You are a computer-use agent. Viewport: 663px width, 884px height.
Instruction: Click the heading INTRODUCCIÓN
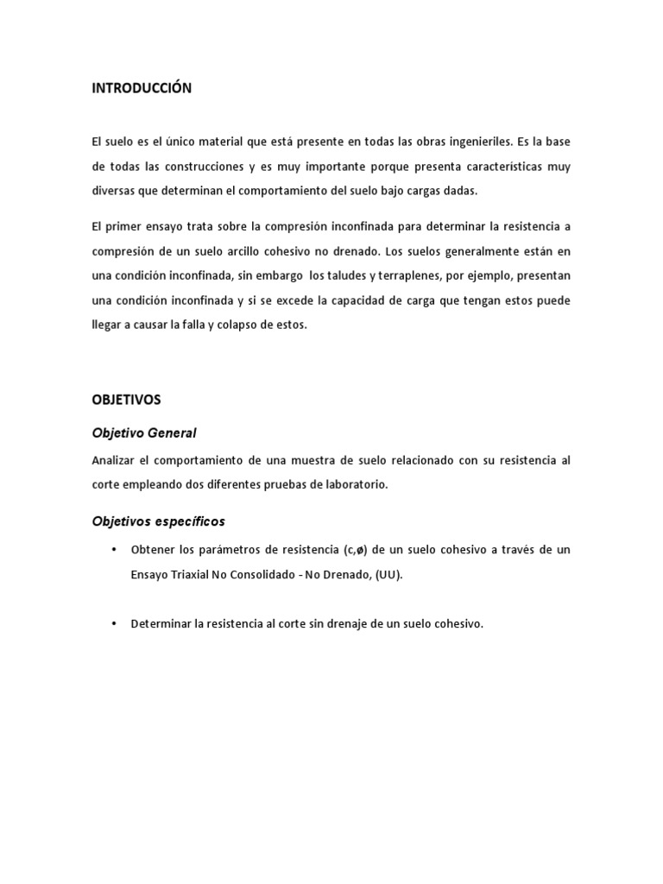142,88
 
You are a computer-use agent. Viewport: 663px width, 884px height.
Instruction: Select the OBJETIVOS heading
126,400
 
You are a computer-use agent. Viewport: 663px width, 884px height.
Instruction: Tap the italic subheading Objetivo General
144,433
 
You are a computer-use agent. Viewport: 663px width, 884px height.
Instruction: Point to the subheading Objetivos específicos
158,521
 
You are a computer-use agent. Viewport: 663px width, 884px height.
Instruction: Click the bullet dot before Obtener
113,550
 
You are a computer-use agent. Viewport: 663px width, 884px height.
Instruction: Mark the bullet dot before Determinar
113,623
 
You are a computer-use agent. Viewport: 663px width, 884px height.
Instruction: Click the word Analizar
113,460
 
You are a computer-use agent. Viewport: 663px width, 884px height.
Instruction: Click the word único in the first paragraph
160,141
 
